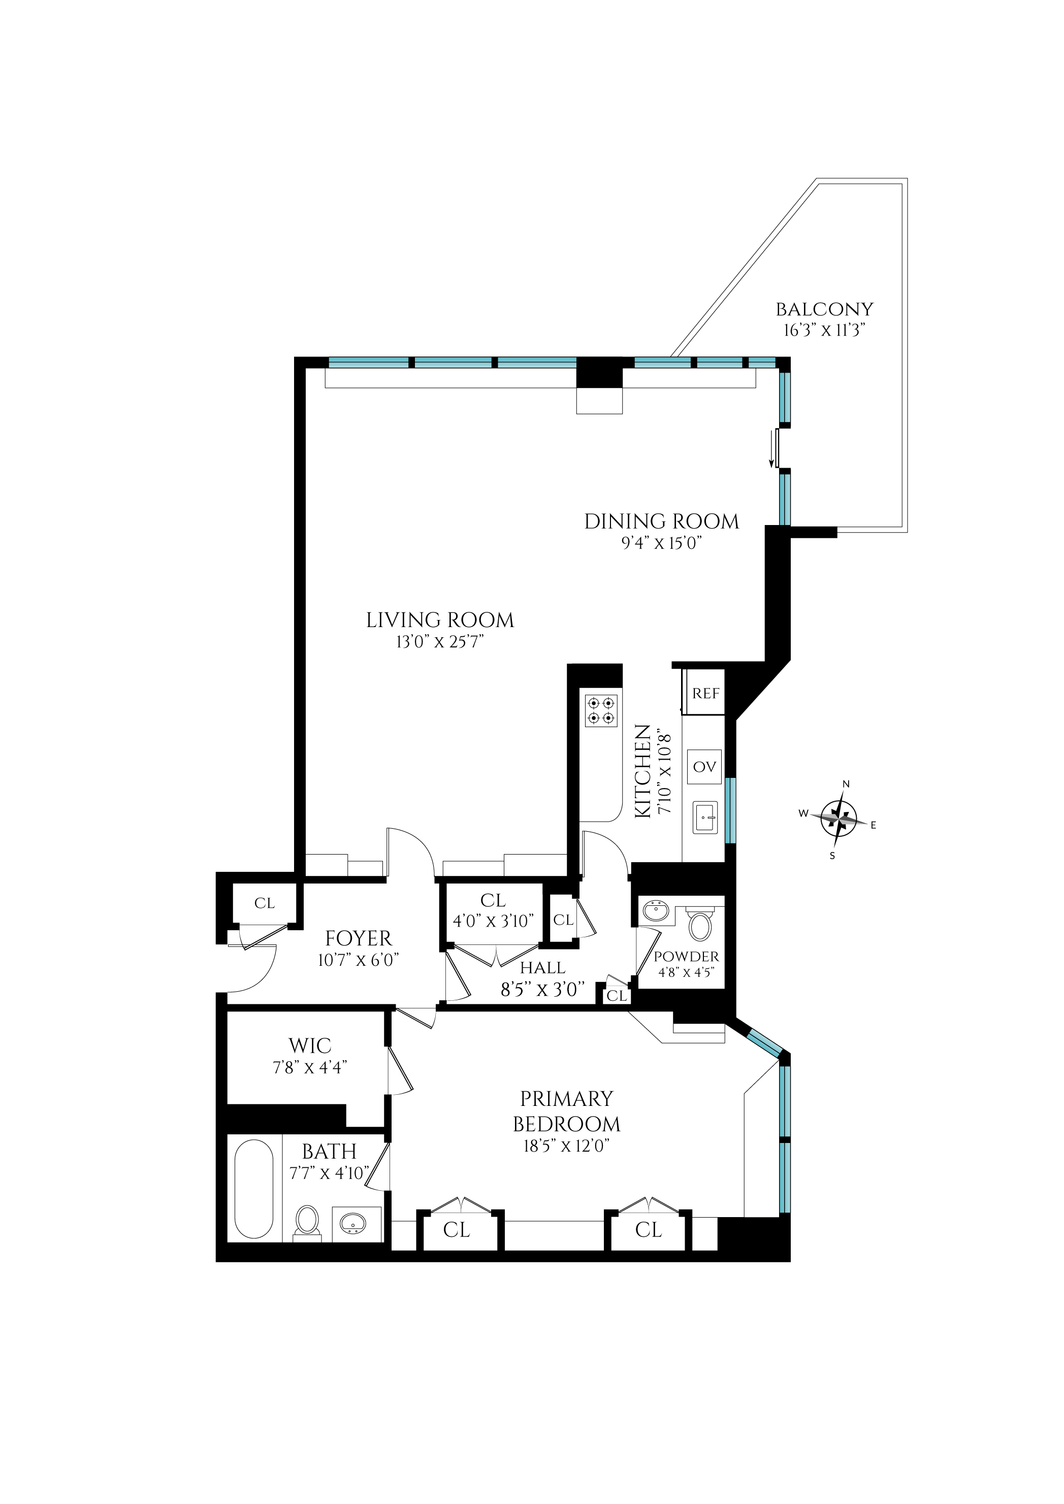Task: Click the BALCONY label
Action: [824, 309]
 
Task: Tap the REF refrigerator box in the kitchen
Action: [705, 693]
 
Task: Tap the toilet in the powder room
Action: [700, 926]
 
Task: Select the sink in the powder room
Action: [655, 910]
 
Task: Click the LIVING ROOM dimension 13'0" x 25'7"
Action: [440, 641]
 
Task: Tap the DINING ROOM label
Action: [662, 521]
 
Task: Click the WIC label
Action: [310, 1045]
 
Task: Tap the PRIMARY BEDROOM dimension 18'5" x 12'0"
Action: [566, 1146]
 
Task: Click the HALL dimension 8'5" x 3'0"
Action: [542, 990]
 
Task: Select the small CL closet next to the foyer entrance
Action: [265, 903]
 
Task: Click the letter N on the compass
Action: [846, 784]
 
